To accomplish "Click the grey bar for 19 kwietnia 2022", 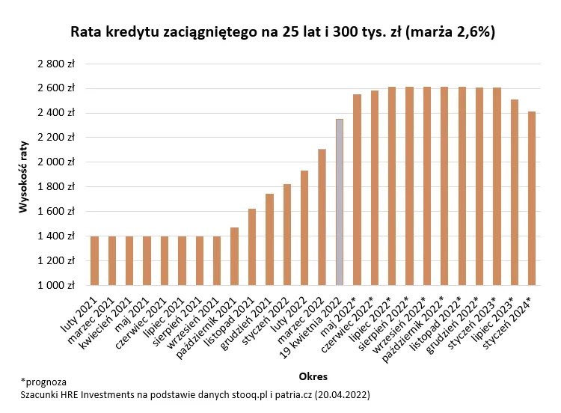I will (340, 202).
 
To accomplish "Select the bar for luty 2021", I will (94, 260).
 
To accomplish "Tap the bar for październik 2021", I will (234, 256).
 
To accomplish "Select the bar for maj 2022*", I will (357, 189).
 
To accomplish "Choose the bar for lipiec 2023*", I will (515, 192).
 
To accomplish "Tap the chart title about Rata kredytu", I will (282, 33).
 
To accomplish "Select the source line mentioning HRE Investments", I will (194, 394).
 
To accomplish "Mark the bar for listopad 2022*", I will (462, 186).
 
